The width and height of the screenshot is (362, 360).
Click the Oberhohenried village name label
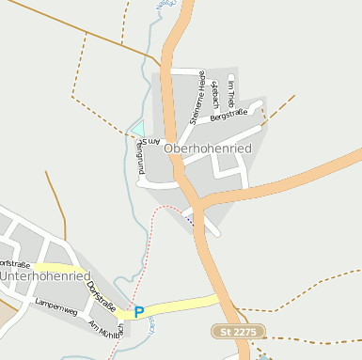(x=207, y=149)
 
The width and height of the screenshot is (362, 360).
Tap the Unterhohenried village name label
(x=44, y=276)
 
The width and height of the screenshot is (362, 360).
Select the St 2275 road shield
(x=239, y=332)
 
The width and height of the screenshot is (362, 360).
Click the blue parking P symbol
(x=139, y=312)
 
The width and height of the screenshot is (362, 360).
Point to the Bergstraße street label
(x=228, y=116)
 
